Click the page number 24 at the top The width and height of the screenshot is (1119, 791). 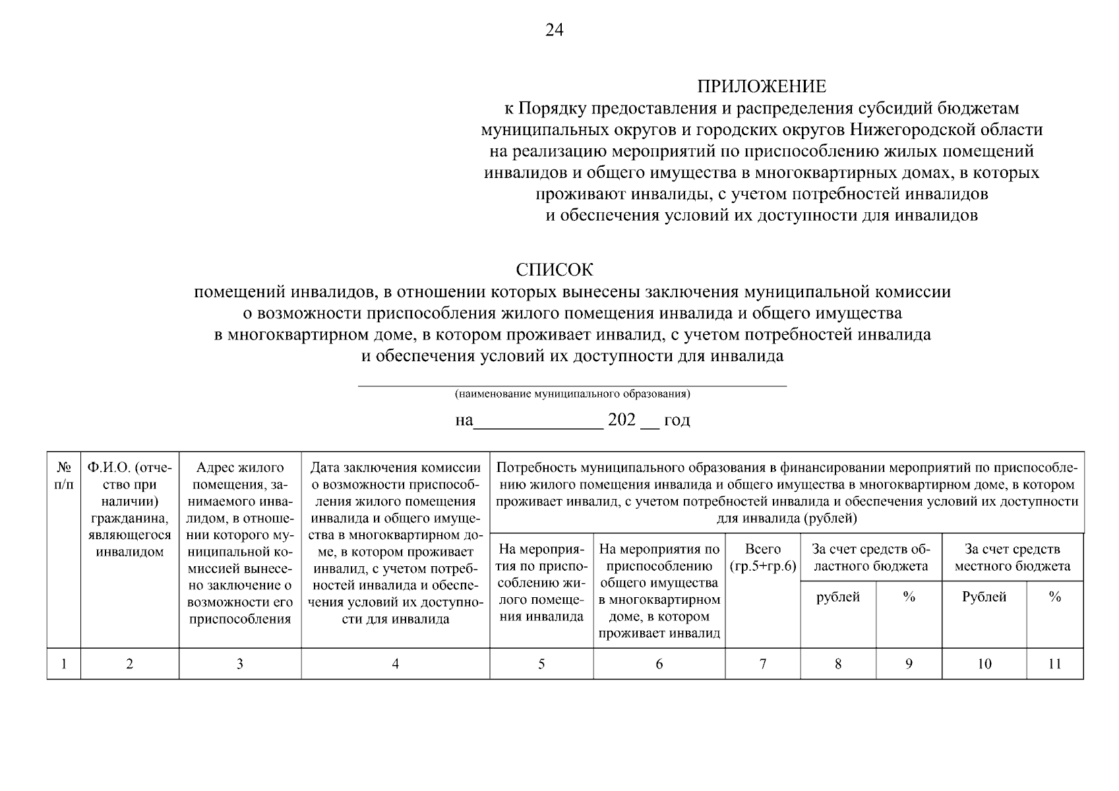pyautogui.click(x=555, y=31)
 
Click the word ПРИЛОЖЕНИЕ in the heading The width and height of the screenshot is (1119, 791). pyautogui.click(x=762, y=86)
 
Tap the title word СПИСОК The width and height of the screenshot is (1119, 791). pyautogui.click(x=555, y=270)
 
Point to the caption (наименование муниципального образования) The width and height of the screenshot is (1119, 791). pyautogui.click(x=572, y=394)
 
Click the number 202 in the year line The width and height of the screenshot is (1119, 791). pyautogui.click(x=621, y=420)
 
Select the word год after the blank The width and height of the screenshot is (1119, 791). pyautogui.click(x=677, y=420)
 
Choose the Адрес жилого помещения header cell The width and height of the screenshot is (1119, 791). pyautogui.click(x=240, y=543)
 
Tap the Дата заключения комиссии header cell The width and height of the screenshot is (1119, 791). pyautogui.click(x=396, y=543)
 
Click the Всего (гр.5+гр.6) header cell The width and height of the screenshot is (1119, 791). pyautogui.click(x=763, y=558)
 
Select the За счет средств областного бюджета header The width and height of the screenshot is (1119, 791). pyautogui.click(x=871, y=558)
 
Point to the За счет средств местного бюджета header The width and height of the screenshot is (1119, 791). pyautogui.click(x=1012, y=558)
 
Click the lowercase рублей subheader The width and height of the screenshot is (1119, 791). pyautogui.click(x=838, y=597)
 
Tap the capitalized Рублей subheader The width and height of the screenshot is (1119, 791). pyautogui.click(x=984, y=597)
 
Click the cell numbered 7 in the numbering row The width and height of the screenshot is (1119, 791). pyautogui.click(x=763, y=664)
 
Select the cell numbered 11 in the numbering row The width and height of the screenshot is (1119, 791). pyautogui.click(x=1054, y=664)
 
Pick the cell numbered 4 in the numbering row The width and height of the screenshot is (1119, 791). pyautogui.click(x=396, y=664)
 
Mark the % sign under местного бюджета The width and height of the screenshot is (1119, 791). pyautogui.click(x=1054, y=597)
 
